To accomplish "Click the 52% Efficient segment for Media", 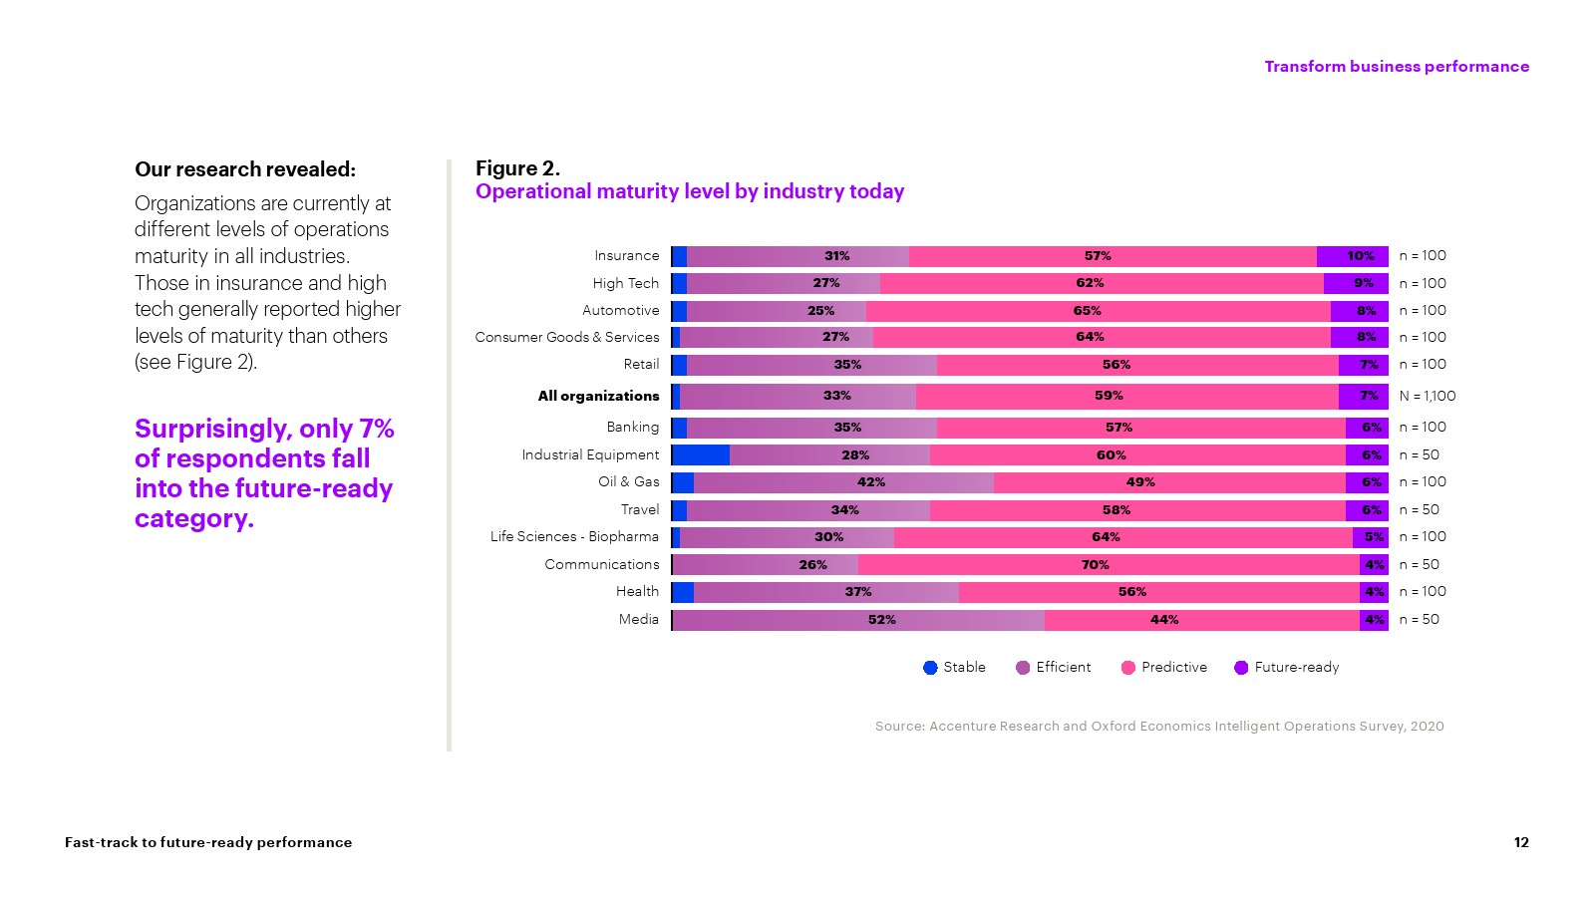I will click(x=858, y=620).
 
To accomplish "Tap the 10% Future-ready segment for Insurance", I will click(x=1352, y=256).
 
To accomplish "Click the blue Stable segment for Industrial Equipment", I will click(x=701, y=455).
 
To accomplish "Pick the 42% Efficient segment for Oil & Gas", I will click(x=843, y=482).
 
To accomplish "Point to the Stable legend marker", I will click(x=930, y=668).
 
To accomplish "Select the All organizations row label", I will click(x=598, y=397).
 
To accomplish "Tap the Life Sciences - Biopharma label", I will click(x=574, y=537).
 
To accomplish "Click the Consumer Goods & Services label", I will click(x=567, y=338).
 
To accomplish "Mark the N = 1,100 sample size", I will click(x=1427, y=397).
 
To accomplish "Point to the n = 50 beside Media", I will click(x=1419, y=620).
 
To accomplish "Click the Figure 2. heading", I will click(x=517, y=168).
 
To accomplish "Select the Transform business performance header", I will click(x=1396, y=67).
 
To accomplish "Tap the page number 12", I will click(x=1521, y=843).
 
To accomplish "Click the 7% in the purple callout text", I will click(x=377, y=429).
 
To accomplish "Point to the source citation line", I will click(x=1159, y=727).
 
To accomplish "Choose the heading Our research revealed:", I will click(x=245, y=169).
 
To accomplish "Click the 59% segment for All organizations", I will click(x=1126, y=397).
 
